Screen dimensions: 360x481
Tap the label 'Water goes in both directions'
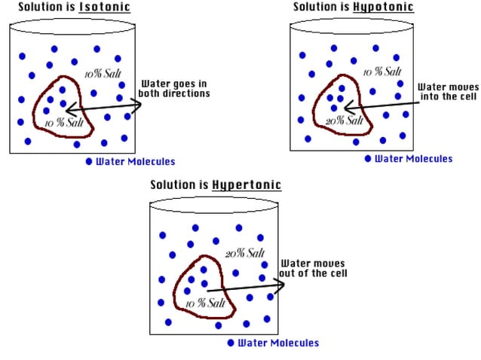[x=173, y=89]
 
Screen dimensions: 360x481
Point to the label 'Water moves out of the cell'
[x=313, y=269]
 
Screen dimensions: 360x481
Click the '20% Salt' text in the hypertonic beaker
[x=245, y=253]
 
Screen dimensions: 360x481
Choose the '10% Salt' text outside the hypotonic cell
[x=382, y=72]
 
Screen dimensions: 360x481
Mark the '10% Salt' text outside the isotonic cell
[x=103, y=74]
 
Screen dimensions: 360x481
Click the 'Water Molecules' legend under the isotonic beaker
[x=135, y=162]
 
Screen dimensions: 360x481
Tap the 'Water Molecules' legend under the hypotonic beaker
[x=414, y=159]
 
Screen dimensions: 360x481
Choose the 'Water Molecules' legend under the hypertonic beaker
[x=278, y=343]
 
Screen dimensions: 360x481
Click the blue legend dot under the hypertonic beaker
[x=231, y=343]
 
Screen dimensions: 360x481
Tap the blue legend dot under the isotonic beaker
[x=88, y=162]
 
